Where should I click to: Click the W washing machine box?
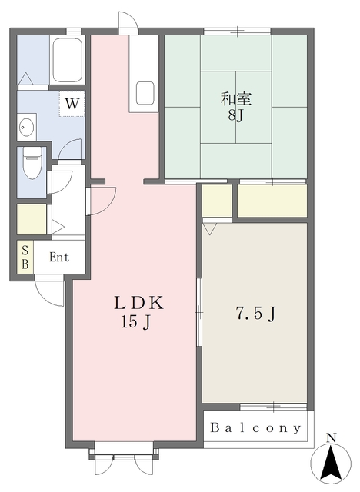72,104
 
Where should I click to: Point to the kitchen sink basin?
145,93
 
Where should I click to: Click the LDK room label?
138,303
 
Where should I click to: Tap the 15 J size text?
136,322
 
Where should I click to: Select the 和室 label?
236,98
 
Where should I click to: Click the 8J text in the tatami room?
235,116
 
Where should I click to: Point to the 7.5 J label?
256,314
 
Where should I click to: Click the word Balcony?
255,427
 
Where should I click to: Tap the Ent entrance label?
59,258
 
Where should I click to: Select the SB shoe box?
25,258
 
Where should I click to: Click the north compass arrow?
331,463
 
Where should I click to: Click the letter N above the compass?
331,437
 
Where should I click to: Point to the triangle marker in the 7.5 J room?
210,229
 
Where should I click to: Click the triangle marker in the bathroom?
25,78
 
